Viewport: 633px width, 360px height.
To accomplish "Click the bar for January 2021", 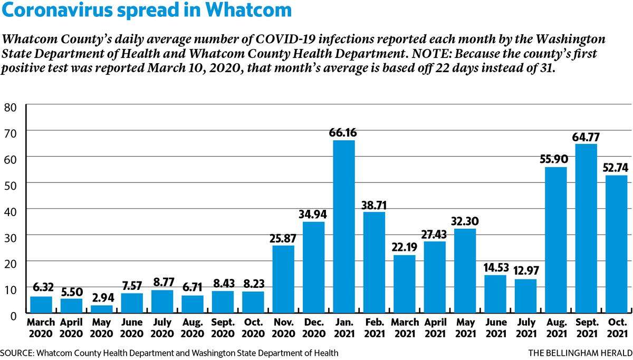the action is tap(344, 227).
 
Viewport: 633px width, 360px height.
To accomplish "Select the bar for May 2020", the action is tap(101, 309).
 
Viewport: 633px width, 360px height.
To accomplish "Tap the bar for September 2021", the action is tap(587, 228).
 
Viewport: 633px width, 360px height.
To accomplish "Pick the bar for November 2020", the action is tap(283, 279).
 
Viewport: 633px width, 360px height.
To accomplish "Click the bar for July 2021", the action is tap(525, 296).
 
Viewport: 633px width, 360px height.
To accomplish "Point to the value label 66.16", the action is tap(343, 132).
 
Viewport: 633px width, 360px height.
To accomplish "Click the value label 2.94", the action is tap(103, 298).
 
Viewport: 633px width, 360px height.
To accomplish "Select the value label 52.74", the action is tap(615, 168).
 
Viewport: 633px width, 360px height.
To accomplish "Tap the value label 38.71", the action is tap(374, 205).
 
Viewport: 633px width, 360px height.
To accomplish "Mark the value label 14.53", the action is tap(496, 267).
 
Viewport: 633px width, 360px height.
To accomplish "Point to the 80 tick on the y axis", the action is tap(11, 108).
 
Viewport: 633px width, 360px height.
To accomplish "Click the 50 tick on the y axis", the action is tap(11, 186).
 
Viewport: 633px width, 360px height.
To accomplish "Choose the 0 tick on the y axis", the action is tap(14, 316).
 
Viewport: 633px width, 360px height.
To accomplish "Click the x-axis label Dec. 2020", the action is tap(314, 328).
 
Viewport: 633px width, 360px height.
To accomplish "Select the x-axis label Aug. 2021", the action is tap(557, 328).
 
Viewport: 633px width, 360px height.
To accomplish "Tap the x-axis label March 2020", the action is tap(41, 328).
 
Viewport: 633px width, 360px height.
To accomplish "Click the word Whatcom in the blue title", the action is tap(248, 10).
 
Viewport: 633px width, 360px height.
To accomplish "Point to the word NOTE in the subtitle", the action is tap(429, 54).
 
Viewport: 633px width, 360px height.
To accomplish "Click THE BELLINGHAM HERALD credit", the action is tap(580, 353).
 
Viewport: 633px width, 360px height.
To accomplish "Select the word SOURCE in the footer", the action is tap(17, 353).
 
